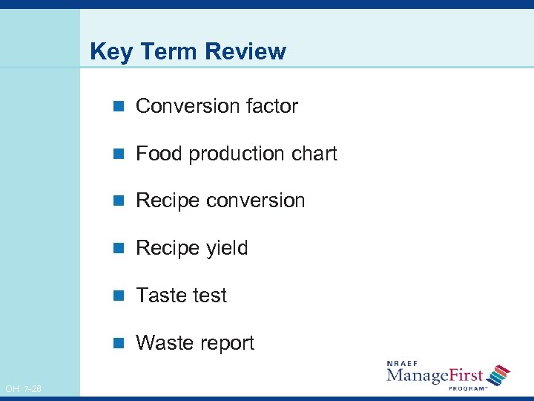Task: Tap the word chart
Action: (311, 154)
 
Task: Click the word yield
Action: (225, 248)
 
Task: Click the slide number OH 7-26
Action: (23, 389)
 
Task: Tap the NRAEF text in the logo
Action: (402, 363)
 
